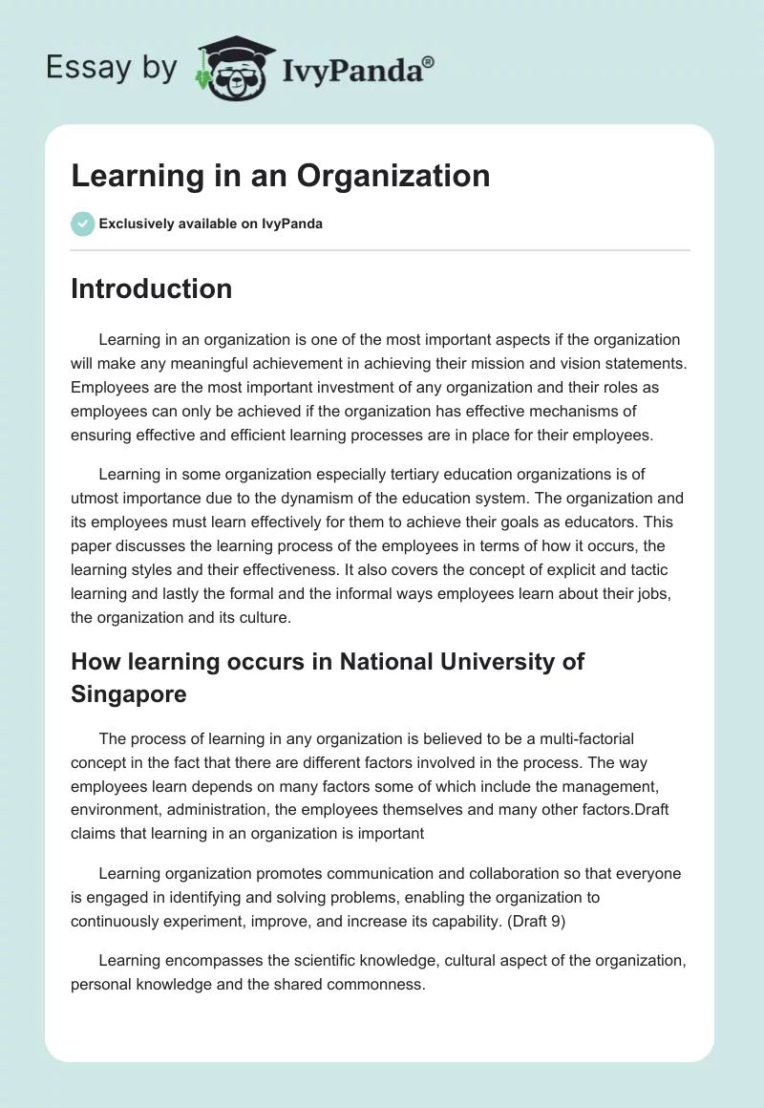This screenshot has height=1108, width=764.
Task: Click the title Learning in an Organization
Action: coord(280,175)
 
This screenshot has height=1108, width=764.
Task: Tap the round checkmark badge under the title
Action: coord(82,224)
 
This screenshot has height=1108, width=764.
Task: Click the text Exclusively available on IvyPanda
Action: coord(211,224)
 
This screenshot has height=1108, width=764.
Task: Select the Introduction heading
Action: coord(151,288)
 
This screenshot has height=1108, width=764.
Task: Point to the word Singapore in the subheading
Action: coord(129,694)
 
